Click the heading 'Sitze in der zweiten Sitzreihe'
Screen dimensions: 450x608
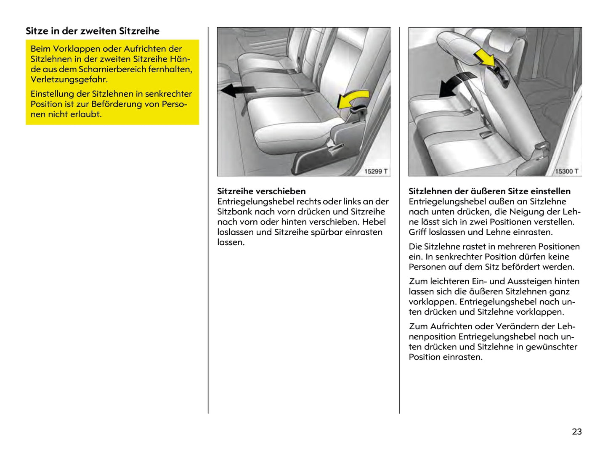(x=93, y=31)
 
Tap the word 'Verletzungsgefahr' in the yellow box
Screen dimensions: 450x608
(x=69, y=79)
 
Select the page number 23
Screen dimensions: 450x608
(x=577, y=431)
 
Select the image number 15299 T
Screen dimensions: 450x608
(x=376, y=171)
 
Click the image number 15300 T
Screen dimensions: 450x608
(x=566, y=171)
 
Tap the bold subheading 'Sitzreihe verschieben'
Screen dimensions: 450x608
(x=261, y=191)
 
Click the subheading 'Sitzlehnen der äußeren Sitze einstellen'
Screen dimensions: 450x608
(x=489, y=191)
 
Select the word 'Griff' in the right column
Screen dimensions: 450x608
(x=418, y=232)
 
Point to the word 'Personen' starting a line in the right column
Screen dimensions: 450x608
(x=427, y=267)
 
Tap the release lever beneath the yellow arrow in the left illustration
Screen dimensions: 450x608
(x=358, y=110)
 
